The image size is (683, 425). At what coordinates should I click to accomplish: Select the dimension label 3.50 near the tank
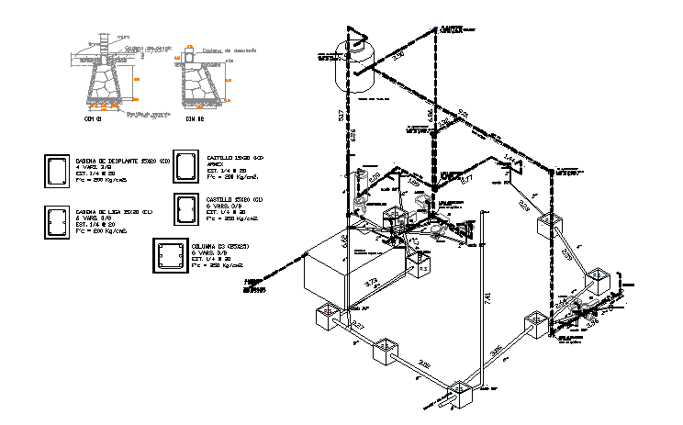pyautogui.click(x=397, y=56)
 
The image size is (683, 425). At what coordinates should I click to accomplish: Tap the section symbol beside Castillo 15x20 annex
pyautogui.click(x=187, y=167)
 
